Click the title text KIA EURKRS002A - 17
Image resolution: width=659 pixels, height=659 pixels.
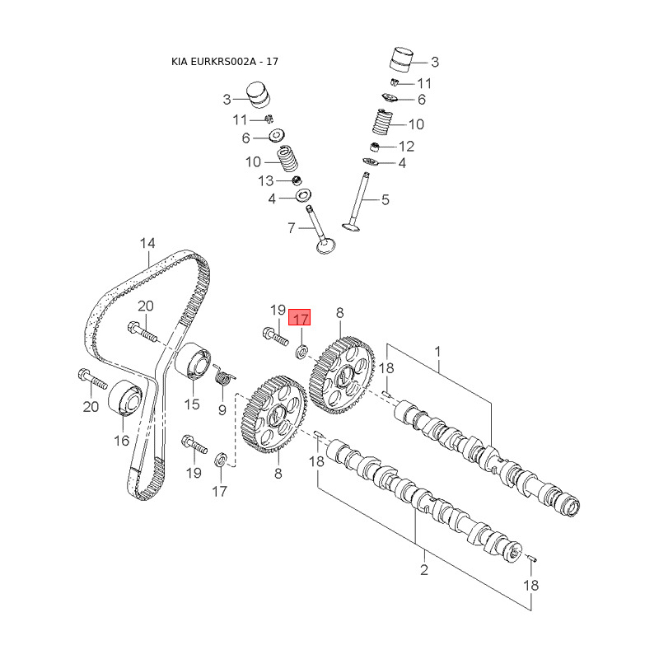[x=231, y=62]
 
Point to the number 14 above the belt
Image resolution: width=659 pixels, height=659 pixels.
[x=147, y=243]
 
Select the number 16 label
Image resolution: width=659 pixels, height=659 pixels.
[x=121, y=441]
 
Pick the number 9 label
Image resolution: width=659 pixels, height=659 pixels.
[x=222, y=409]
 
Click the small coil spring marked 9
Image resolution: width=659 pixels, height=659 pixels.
[x=221, y=377]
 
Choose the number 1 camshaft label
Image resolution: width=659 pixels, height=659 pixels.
[x=438, y=351]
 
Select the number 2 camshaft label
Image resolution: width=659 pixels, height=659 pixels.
[x=424, y=570]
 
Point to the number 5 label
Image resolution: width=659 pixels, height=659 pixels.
[x=386, y=199]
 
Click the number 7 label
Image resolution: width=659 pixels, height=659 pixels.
[x=291, y=227]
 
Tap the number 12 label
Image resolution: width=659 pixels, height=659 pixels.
[x=406, y=147]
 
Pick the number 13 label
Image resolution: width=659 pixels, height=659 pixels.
[x=266, y=180]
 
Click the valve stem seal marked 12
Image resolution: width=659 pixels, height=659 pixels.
[x=375, y=147]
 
